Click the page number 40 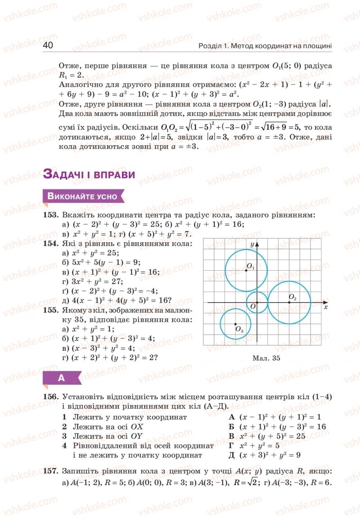[49, 45]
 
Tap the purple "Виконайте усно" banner [82, 196]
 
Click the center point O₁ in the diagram [246, 270]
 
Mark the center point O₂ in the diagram [289, 303]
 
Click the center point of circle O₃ [235, 324]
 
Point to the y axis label [252, 243]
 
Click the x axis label [325, 307]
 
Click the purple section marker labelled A [62, 378]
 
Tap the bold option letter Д [233, 455]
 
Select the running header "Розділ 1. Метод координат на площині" [265, 46]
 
